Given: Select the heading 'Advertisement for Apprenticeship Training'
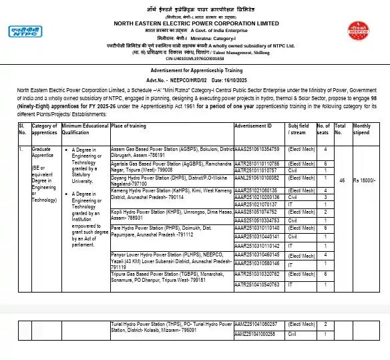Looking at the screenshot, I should point(194,69).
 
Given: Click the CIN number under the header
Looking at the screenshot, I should point(194,58).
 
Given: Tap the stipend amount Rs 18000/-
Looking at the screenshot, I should point(365,181).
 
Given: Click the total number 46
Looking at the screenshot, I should point(342,181).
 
